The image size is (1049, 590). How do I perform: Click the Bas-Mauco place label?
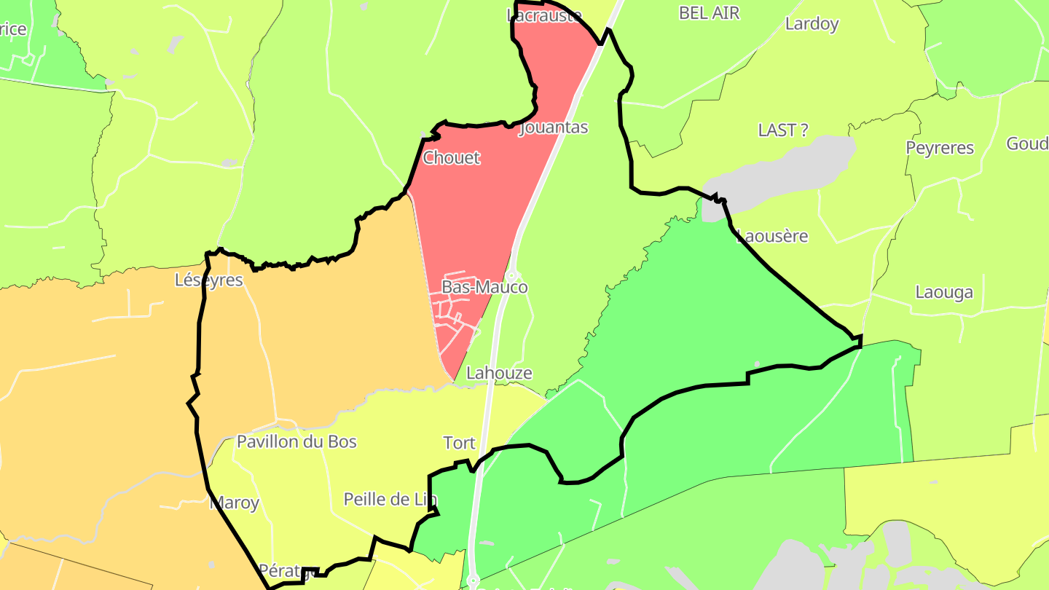[x=484, y=287]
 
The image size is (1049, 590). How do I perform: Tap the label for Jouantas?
[x=553, y=127]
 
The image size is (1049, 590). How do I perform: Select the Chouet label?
[x=452, y=157]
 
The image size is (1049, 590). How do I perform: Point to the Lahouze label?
[x=499, y=373]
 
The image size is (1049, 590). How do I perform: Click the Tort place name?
[x=459, y=443]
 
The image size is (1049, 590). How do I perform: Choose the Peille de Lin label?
[x=390, y=500]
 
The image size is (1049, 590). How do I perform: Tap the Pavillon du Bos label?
[x=296, y=441]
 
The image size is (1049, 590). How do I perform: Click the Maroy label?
[x=235, y=503]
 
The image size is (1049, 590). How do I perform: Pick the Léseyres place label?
[x=209, y=280]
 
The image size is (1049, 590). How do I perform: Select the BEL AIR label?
[x=709, y=12]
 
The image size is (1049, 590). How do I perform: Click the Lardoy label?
[x=812, y=24]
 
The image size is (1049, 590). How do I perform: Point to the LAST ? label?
[x=783, y=130]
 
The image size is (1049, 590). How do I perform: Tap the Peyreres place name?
[x=940, y=148]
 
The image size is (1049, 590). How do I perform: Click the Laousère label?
[x=773, y=236]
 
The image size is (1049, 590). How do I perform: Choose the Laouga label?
[x=944, y=293]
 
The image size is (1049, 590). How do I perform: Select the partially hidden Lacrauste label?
[x=544, y=15]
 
